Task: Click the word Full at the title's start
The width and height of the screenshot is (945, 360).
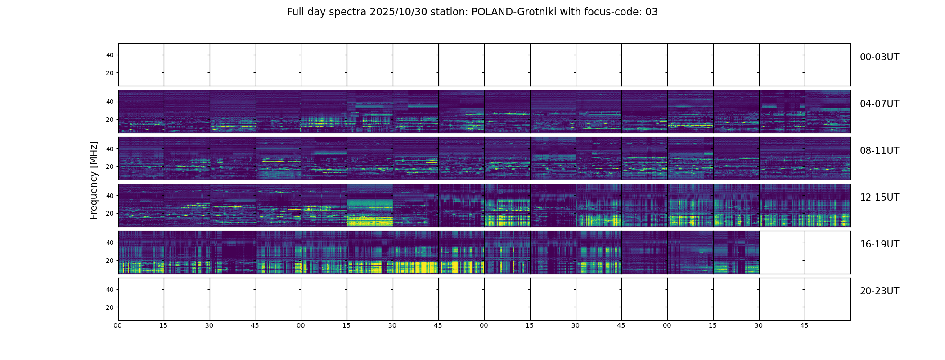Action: (x=295, y=12)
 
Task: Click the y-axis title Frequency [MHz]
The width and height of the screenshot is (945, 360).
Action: (x=94, y=180)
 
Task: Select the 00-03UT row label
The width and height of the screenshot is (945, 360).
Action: (x=879, y=57)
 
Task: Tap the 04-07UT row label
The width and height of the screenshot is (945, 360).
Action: (x=879, y=104)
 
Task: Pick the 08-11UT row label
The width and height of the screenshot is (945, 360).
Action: (x=879, y=151)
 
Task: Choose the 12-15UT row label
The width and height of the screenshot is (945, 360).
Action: (x=879, y=198)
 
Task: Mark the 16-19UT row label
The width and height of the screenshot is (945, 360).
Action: (x=879, y=244)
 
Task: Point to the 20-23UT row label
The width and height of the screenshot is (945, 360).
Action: (x=879, y=291)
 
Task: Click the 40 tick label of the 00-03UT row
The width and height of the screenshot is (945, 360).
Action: (x=110, y=55)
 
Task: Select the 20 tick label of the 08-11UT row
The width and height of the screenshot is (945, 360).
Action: (x=110, y=166)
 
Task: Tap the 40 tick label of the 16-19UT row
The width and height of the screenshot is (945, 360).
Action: (x=110, y=243)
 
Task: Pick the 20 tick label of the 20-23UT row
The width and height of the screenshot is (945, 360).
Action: (x=110, y=307)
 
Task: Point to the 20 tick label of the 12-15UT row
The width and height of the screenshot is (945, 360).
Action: (x=110, y=213)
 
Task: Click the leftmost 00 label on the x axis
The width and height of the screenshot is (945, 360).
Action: (x=118, y=325)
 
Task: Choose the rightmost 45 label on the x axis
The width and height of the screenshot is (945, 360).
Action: (x=804, y=325)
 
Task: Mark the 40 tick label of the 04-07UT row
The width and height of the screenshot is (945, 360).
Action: (x=110, y=102)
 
